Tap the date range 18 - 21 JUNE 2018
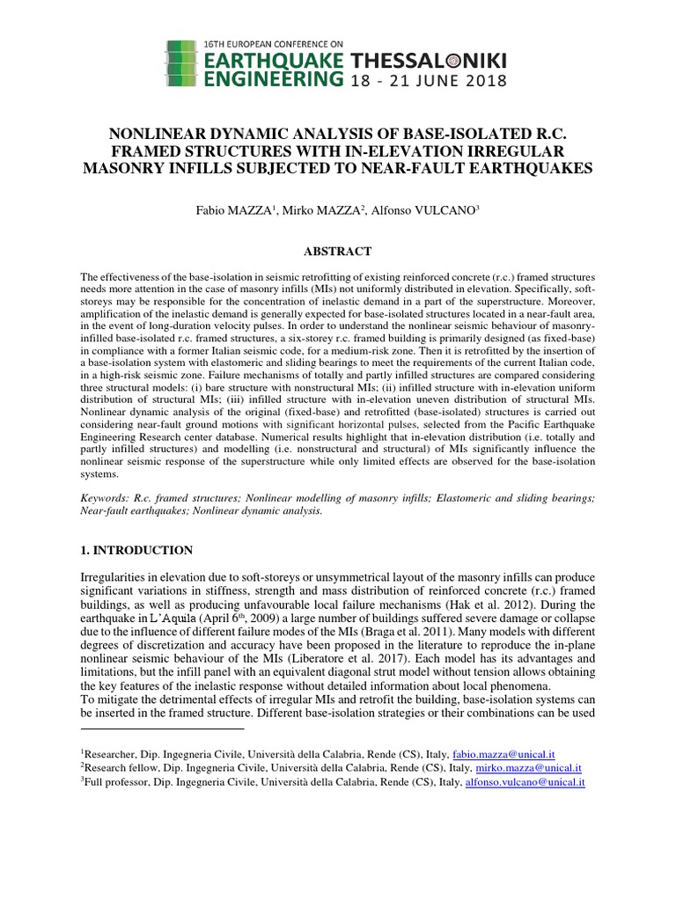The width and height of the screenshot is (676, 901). pyautogui.click(x=428, y=81)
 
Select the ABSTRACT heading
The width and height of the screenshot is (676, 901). pyautogui.click(x=337, y=252)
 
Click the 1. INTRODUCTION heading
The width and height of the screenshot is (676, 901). pyautogui.click(x=136, y=550)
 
